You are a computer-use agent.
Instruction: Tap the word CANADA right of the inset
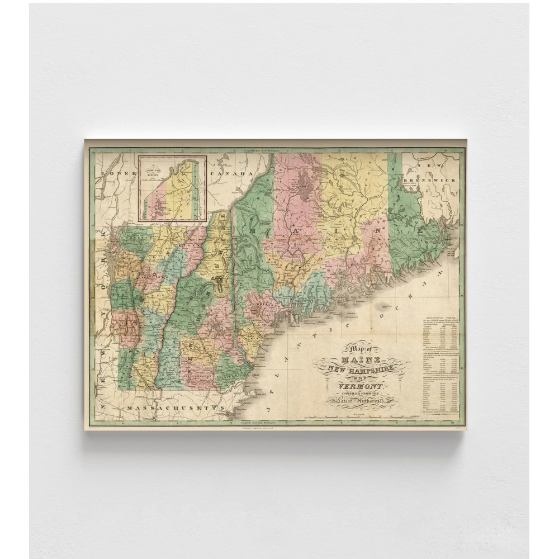point(229,174)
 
